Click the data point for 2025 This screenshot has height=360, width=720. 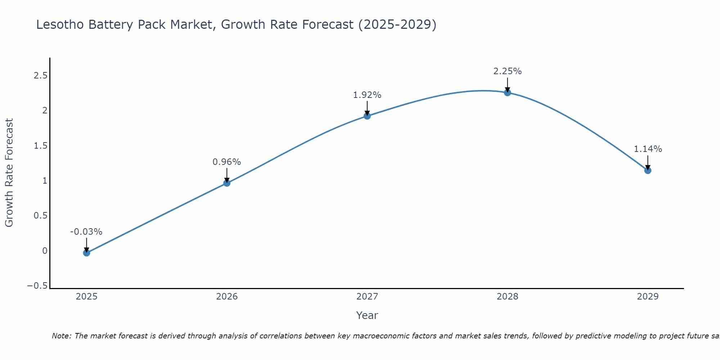(x=86, y=253)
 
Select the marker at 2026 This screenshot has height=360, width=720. (x=227, y=183)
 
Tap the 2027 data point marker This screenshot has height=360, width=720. (x=367, y=116)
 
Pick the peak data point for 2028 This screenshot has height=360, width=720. (x=507, y=93)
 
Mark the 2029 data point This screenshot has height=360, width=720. (x=648, y=170)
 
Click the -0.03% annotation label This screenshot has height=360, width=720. (x=86, y=232)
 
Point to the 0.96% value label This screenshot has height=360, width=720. (x=226, y=162)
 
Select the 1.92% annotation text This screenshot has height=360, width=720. (x=367, y=95)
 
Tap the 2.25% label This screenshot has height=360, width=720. (x=507, y=71)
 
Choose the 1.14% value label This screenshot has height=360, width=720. (x=648, y=149)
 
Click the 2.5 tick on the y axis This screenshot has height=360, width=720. (x=40, y=76)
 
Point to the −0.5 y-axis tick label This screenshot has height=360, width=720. (x=37, y=286)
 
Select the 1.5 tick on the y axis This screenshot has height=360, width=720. (x=40, y=146)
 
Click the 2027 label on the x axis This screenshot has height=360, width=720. (x=367, y=297)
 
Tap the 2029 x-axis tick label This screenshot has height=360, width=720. (x=648, y=297)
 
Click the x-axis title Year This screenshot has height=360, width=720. (x=367, y=315)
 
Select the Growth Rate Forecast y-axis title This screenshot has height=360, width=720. (x=9, y=173)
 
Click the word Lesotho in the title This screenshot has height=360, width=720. (x=60, y=24)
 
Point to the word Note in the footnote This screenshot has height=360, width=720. (x=61, y=336)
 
